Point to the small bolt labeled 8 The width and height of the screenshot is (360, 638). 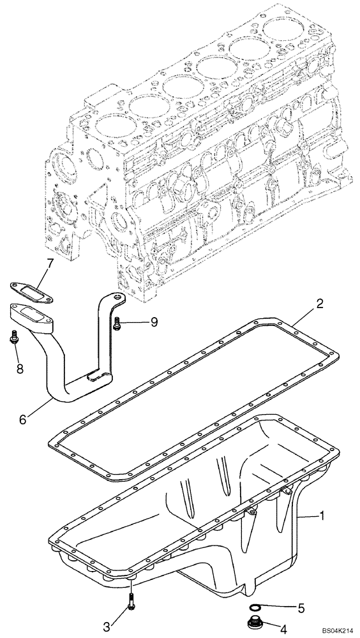[13, 340]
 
